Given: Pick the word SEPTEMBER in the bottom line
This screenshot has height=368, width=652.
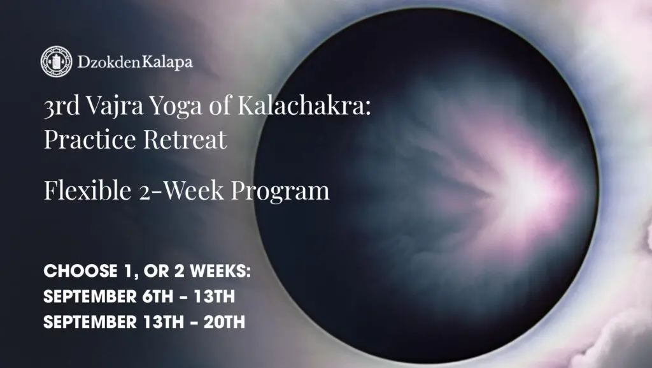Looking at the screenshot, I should pos(85,322).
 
